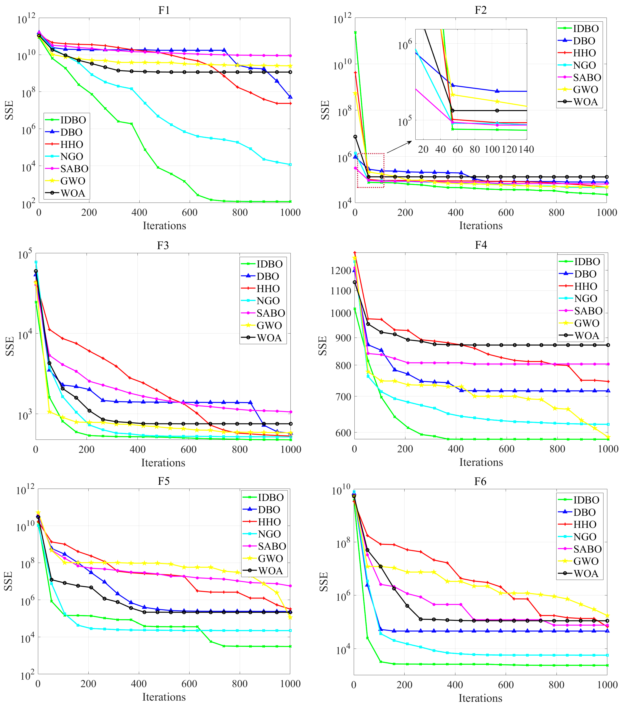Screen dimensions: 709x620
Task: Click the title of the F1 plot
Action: (x=164, y=10)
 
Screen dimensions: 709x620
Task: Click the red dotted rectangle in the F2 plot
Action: (x=371, y=171)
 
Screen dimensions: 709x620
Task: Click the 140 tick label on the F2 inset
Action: (x=526, y=150)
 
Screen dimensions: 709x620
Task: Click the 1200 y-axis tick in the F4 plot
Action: (x=341, y=271)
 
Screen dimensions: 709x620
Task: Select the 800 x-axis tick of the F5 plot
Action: (x=239, y=684)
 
